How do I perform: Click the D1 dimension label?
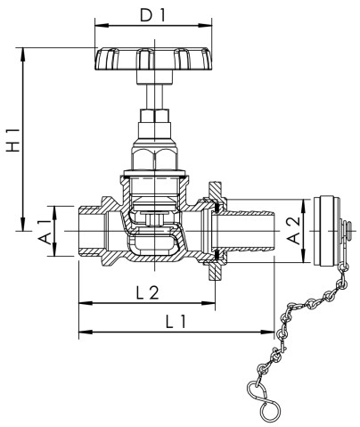point(152,15)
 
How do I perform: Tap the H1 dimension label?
point(13,140)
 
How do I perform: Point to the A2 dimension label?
point(294,231)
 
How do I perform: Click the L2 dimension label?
point(148,293)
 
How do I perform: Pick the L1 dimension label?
point(176,322)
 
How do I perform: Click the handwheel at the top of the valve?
point(153,59)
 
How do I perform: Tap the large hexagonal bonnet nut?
point(155,159)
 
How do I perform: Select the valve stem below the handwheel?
point(155,97)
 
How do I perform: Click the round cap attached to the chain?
point(327,231)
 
